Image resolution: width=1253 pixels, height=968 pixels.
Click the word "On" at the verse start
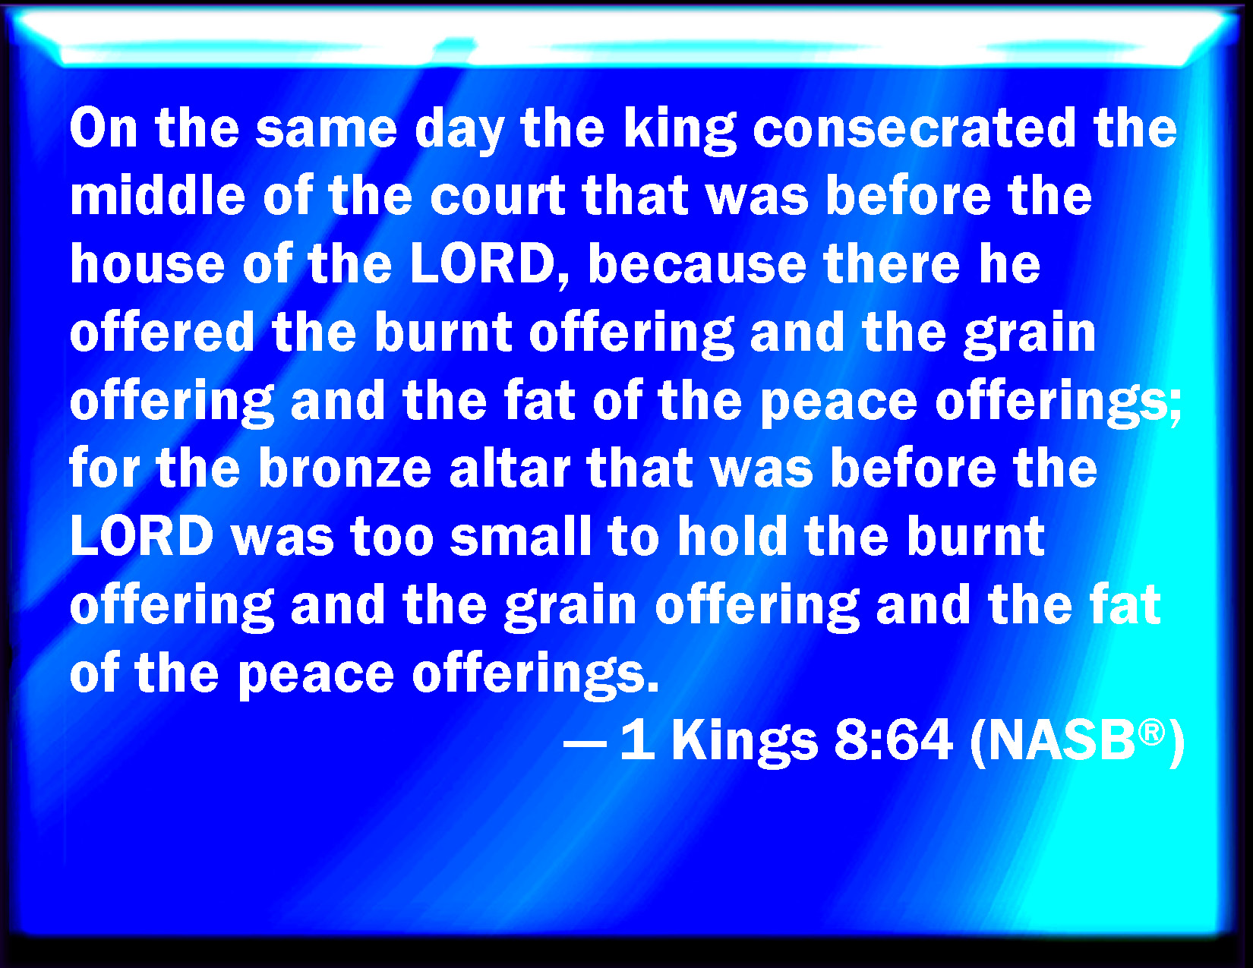pos(104,128)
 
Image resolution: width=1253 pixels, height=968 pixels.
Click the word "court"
pos(497,196)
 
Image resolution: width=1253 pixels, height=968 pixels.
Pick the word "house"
pos(147,263)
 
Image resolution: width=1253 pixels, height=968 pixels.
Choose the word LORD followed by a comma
pos(490,265)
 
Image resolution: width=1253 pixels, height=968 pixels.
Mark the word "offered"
pos(162,332)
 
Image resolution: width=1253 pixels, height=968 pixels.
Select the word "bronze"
pos(345,468)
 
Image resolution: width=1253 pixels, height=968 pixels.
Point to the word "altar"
pos(509,468)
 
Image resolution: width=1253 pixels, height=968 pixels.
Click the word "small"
pos(521,535)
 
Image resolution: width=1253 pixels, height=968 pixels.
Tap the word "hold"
pos(732,535)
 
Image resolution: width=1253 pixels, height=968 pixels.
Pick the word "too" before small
pos(392,538)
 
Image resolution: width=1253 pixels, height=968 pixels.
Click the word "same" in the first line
pos(327,131)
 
